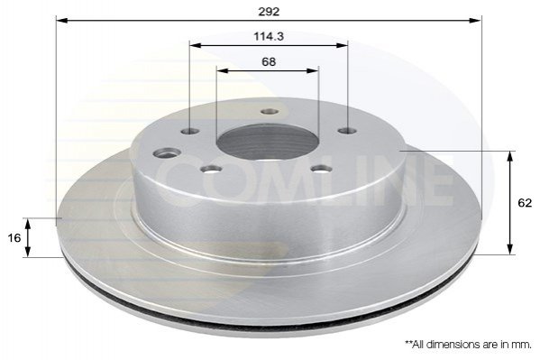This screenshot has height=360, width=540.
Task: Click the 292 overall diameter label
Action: [x=269, y=12]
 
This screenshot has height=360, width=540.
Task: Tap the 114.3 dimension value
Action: [x=269, y=36]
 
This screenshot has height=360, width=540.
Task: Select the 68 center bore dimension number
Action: [x=269, y=61]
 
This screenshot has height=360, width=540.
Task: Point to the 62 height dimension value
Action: [x=525, y=203]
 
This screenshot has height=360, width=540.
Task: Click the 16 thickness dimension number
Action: [x=14, y=238]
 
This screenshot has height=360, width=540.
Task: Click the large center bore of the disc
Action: [x=268, y=142]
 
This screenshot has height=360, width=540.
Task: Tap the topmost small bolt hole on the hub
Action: [x=270, y=112]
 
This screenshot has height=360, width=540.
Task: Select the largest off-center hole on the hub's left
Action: [x=167, y=152]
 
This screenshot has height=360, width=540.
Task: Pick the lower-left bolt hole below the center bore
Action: [x=211, y=169]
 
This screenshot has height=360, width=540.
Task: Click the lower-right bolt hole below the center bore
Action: [x=321, y=169]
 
